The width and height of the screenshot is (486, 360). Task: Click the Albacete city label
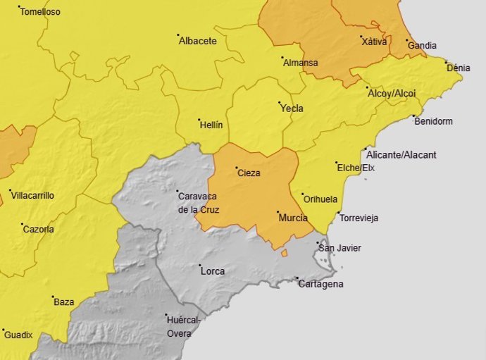coord(198,41)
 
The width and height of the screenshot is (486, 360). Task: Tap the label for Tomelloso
coord(40,12)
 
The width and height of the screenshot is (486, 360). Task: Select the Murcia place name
coord(293,218)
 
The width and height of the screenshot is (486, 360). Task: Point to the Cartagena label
coord(320,284)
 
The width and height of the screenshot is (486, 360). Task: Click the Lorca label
coord(212,271)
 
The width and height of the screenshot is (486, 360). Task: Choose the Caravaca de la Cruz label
coord(199,202)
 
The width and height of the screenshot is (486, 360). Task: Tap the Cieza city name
coord(249,173)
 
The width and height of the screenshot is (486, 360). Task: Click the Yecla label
coord(292,109)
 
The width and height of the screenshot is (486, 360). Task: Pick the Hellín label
coord(211,125)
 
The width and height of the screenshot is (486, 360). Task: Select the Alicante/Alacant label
coord(401,155)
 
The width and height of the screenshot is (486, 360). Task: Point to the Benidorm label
coord(434,121)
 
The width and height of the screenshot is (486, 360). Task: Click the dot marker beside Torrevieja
coord(338,213)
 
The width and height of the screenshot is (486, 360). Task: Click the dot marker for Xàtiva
coord(361,37)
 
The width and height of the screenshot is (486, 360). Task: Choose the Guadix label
coord(18,335)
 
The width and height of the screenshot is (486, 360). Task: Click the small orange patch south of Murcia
coord(284,252)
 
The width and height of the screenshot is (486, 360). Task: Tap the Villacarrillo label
coord(32,195)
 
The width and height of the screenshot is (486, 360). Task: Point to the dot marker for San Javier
coord(318,243)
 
